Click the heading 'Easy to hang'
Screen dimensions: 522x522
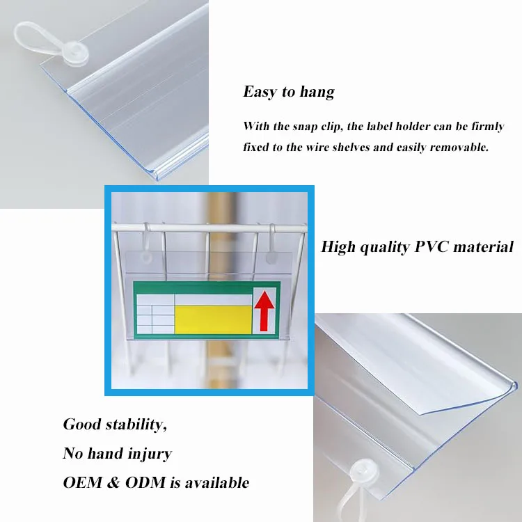(288, 92)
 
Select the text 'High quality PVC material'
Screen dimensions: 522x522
(417, 246)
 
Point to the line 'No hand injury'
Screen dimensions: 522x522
(117, 454)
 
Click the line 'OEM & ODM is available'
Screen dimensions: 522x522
(156, 482)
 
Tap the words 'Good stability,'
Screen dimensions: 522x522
(115, 425)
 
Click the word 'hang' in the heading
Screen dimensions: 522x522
(317, 93)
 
